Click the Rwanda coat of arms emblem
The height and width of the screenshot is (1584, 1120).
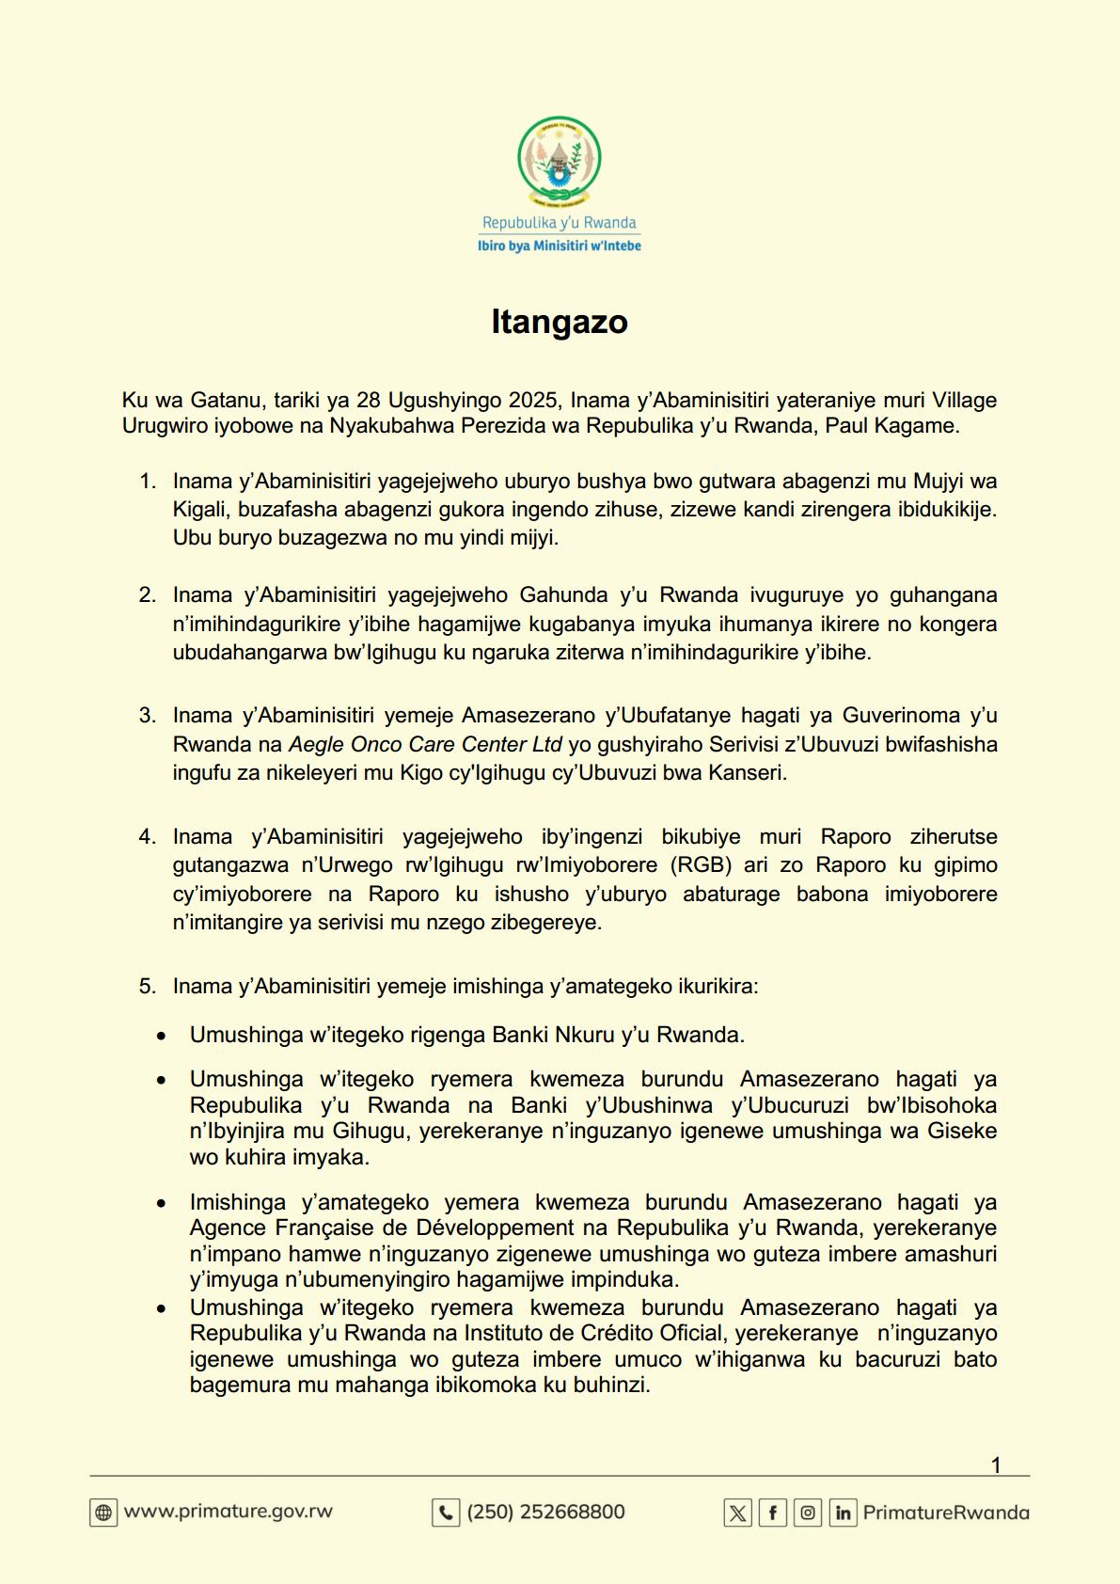click(x=560, y=161)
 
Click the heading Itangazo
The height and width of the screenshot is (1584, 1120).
click(x=560, y=322)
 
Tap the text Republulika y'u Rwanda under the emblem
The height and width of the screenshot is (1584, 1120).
click(x=560, y=223)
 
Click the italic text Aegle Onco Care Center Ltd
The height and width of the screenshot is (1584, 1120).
click(x=425, y=744)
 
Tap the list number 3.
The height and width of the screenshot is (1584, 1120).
click(x=147, y=715)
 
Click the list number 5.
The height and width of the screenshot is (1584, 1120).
click(x=147, y=986)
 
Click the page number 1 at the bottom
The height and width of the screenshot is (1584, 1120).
click(x=996, y=1465)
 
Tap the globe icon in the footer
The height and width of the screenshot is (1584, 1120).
click(x=103, y=1513)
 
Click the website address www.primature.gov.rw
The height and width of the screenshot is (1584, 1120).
click(x=229, y=1512)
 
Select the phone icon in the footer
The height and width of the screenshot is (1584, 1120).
click(x=445, y=1513)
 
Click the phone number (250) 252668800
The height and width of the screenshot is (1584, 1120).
click(x=545, y=1512)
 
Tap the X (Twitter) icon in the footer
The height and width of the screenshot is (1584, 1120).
click(x=737, y=1513)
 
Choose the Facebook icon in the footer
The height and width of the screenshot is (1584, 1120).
click(x=772, y=1513)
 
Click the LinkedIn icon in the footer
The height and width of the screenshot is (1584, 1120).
click(x=843, y=1513)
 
